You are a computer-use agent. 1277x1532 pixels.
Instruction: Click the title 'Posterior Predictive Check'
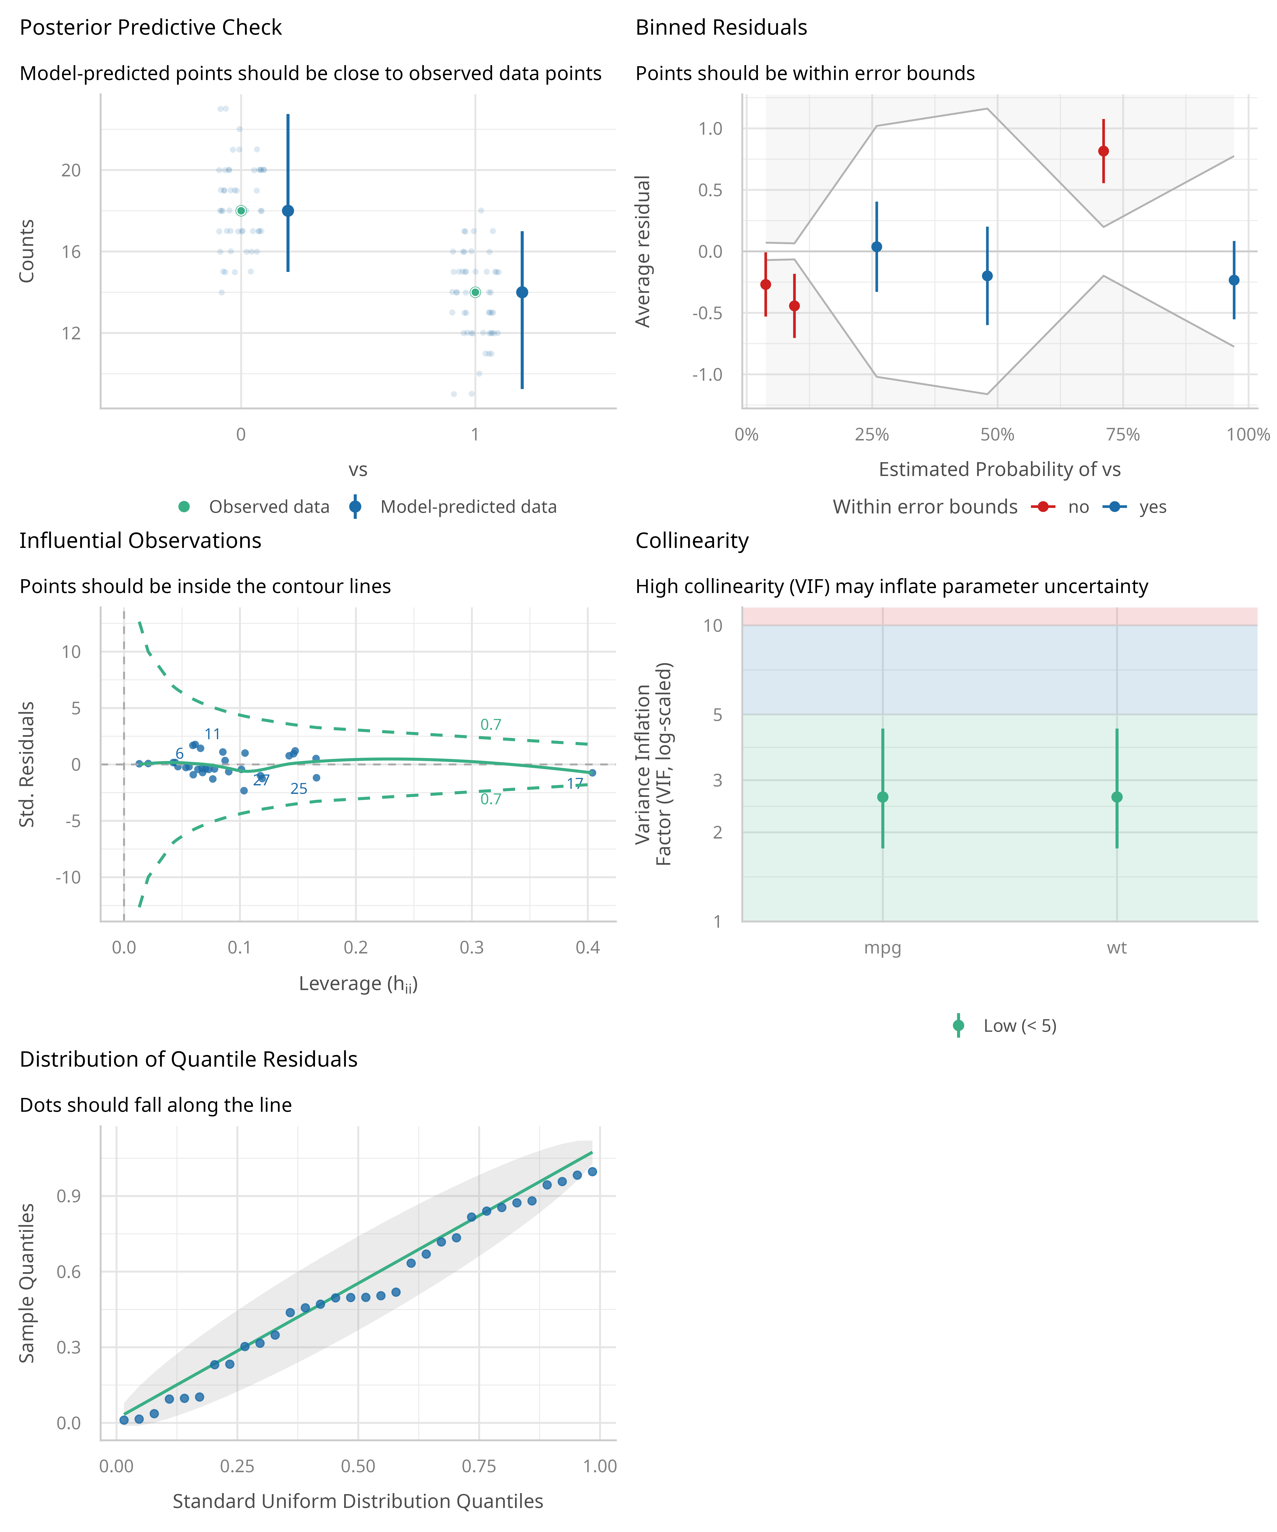pos(150,28)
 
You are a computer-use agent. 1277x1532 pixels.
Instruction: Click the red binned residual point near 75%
pos(1103,151)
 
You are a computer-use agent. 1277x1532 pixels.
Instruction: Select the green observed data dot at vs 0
pos(241,211)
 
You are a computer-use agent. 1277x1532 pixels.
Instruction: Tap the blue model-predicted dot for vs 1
pos(522,293)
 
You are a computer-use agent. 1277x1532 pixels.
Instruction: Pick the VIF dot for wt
pos(1117,797)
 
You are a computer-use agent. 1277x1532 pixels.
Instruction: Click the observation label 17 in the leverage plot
pos(575,783)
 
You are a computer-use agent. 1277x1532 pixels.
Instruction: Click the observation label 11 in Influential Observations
pos(212,734)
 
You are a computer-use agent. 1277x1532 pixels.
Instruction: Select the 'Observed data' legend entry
pos(269,507)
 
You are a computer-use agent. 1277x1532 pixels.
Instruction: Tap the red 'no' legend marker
pos(1044,507)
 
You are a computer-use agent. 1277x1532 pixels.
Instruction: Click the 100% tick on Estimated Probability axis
pos(1248,435)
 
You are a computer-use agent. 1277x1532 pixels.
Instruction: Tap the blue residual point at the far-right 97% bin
pos(1234,280)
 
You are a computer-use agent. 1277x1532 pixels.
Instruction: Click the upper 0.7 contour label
pos(490,725)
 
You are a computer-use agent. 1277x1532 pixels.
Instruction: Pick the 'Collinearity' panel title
pos(692,541)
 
